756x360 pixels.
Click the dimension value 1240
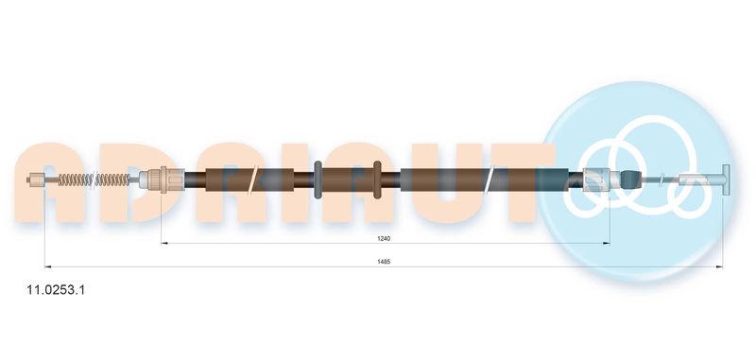[x=384, y=238]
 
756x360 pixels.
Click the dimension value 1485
[x=384, y=262]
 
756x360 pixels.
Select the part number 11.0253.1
[x=56, y=290]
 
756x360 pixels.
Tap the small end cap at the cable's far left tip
[x=34, y=180]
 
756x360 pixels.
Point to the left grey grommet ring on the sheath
[x=318, y=180]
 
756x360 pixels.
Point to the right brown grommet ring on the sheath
[x=377, y=180]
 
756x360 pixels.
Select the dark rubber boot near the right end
[x=630, y=180]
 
